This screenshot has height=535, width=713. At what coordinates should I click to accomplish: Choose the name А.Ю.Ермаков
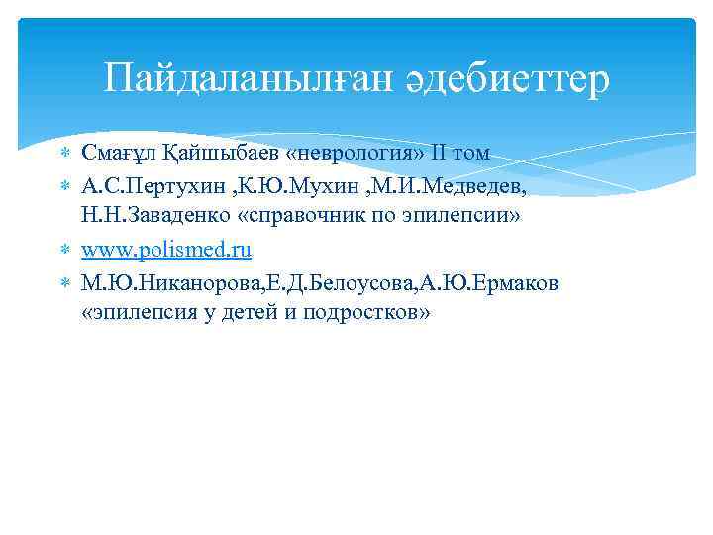[x=482, y=284]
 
